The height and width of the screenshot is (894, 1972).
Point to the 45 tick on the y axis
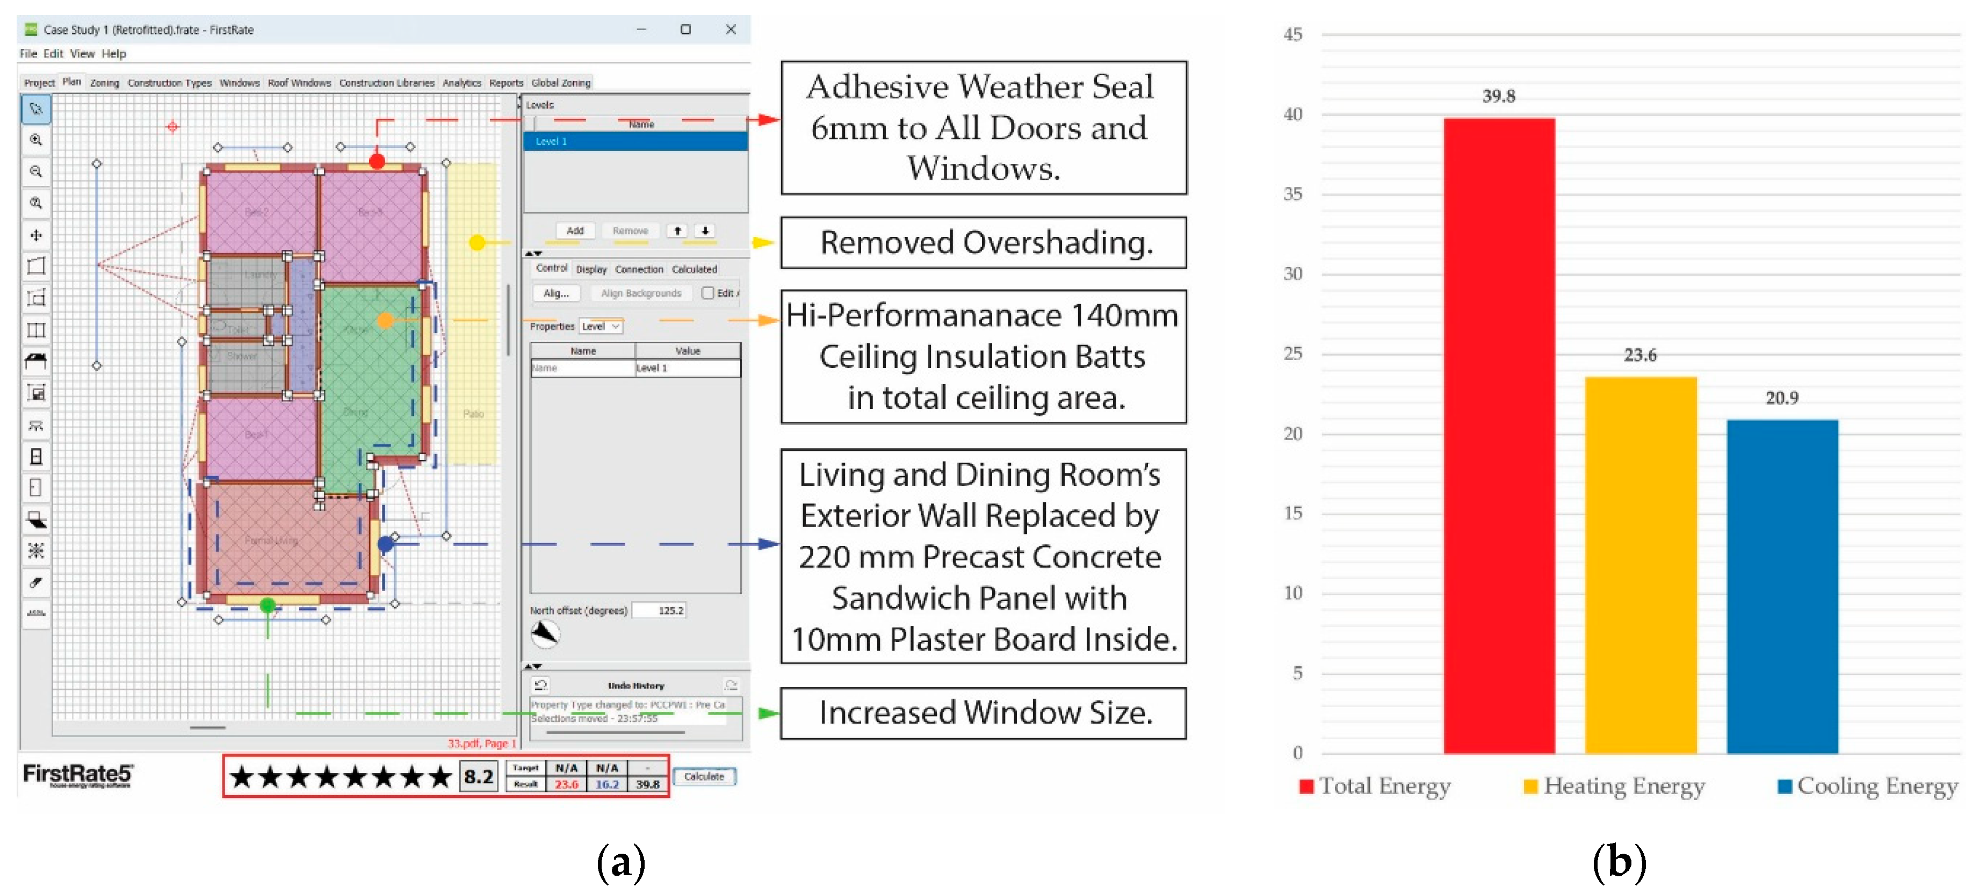pyautogui.click(x=1292, y=34)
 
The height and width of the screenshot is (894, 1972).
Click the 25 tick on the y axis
pyautogui.click(x=1292, y=354)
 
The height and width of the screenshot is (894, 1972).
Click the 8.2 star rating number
pyautogui.click(x=479, y=777)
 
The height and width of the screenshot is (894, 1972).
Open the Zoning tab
pyautogui.click(x=104, y=83)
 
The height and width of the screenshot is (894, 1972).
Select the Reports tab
pyautogui.click(x=506, y=83)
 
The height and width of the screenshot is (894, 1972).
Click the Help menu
pyautogui.click(x=113, y=54)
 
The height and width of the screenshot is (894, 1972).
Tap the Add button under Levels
pyautogui.click(x=575, y=230)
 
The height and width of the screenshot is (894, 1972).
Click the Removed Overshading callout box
pyautogui.click(x=984, y=243)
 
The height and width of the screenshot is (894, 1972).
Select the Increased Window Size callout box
pyautogui.click(x=984, y=712)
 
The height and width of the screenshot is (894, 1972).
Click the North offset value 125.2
pyautogui.click(x=670, y=610)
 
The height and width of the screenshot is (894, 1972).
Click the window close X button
pyautogui.click(x=731, y=29)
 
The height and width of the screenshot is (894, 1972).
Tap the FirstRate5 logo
pyautogui.click(x=77, y=775)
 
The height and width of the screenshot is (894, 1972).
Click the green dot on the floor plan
pyautogui.click(x=267, y=605)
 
